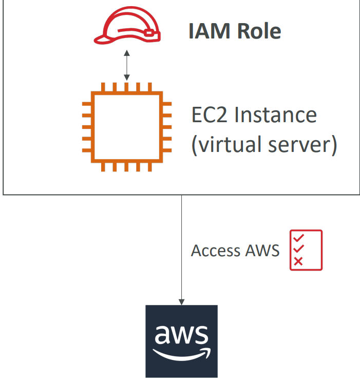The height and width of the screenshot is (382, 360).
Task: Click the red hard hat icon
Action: tap(127, 26)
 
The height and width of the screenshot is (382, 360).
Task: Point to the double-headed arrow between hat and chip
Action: tap(127, 65)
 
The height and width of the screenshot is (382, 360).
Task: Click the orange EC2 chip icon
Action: tap(127, 127)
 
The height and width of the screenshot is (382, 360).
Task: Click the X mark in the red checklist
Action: tap(298, 261)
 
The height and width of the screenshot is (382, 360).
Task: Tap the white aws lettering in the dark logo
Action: tap(181, 335)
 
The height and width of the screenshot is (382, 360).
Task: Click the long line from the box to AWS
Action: tap(181, 246)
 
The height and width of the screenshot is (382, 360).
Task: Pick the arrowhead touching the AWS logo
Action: tap(181, 301)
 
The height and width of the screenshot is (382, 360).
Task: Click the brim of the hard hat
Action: tap(105, 37)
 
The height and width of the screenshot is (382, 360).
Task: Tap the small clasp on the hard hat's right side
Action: tap(149, 33)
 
